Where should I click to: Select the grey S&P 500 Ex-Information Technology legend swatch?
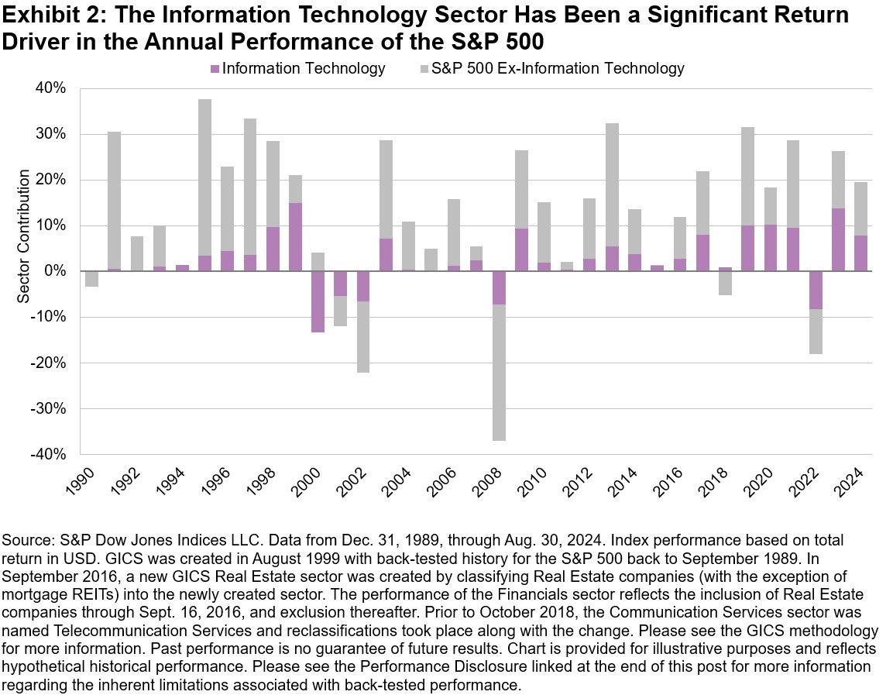click(424, 69)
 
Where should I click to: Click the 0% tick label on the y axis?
click(57, 271)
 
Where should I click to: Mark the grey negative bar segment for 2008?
click(499, 372)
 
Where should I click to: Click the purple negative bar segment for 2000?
click(317, 301)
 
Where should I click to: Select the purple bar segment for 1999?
click(294, 237)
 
